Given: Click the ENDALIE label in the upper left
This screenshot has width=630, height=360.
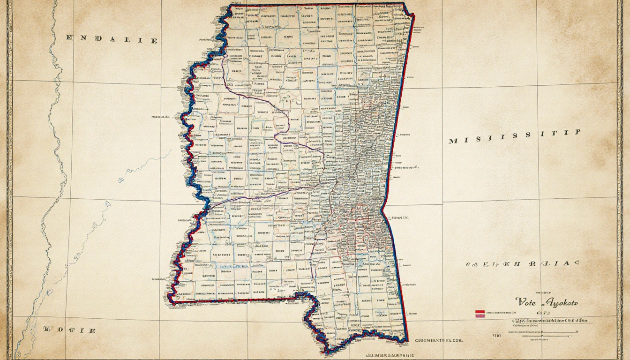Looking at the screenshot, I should [112, 40].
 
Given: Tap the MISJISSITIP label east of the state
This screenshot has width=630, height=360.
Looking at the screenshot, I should [515, 137].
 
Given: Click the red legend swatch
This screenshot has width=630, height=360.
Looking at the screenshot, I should [480, 311].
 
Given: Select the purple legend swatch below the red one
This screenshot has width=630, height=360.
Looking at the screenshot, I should [480, 315].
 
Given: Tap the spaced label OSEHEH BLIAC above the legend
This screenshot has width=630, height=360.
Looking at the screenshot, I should [523, 264].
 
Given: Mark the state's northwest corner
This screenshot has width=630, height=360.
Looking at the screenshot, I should [230, 6].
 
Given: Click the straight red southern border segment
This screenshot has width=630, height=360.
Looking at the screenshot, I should [234, 300].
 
